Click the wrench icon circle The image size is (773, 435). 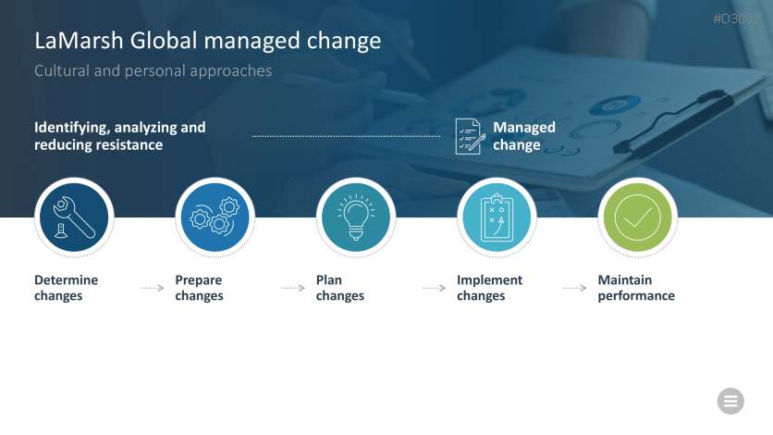[74, 217]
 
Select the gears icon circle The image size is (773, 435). [215, 217]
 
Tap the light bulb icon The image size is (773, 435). [356, 217]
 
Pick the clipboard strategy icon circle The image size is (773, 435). [497, 217]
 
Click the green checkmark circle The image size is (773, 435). [638, 217]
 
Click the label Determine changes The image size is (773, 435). [66, 288]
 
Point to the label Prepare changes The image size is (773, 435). [199, 288]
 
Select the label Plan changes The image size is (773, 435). [340, 288]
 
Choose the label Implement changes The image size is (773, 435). [489, 288]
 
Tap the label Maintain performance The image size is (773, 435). [636, 288]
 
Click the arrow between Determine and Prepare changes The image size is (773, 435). [153, 288]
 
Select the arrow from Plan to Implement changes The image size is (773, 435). [435, 288]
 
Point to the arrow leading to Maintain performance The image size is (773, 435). [575, 288]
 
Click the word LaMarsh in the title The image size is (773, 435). [79, 41]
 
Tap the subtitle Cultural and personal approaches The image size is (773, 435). [153, 70]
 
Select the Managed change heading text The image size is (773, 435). [524, 136]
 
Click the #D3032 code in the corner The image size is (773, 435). [737, 19]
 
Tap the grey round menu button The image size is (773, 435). [730, 401]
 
